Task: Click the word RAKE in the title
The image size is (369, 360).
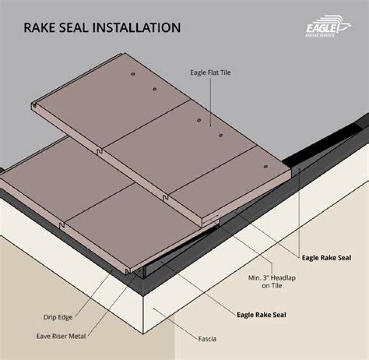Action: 40,27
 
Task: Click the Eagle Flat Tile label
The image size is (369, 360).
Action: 210,73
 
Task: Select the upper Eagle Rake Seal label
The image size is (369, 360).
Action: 326,257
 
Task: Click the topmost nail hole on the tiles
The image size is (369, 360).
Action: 132,75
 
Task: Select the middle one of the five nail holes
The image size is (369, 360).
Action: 199,120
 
